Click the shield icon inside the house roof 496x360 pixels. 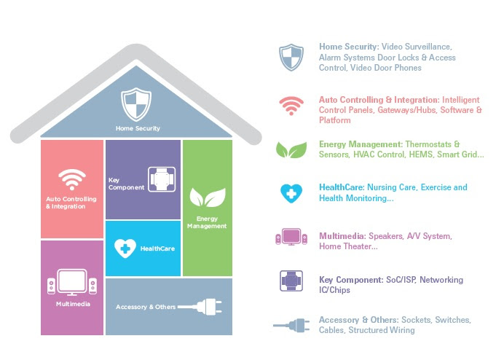pyautogui.click(x=136, y=104)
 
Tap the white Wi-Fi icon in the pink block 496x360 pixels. pyautogui.click(x=72, y=179)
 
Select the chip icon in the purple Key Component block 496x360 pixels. pyautogui.click(x=162, y=179)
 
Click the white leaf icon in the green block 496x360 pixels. pyautogui.click(x=208, y=197)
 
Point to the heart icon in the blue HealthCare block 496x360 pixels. pyautogui.click(x=125, y=249)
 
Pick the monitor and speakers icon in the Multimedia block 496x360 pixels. pyautogui.click(x=72, y=282)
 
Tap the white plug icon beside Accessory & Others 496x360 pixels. pyautogui.click(x=200, y=307)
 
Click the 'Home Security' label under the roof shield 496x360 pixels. pyautogui.click(x=138, y=128)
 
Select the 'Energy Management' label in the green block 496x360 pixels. pyautogui.click(x=207, y=222)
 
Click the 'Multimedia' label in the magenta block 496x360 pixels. pyautogui.click(x=73, y=304)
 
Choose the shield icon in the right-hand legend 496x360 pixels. pyautogui.click(x=291, y=58)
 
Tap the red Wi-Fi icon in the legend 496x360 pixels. pyautogui.click(x=291, y=106)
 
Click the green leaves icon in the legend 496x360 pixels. pyautogui.click(x=291, y=149)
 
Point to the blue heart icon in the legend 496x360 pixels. pyautogui.click(x=291, y=193)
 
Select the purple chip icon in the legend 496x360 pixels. pyautogui.click(x=291, y=281)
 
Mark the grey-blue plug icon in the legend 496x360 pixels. pyautogui.click(x=291, y=325)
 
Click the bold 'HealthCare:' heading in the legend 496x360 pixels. pyautogui.click(x=342, y=187)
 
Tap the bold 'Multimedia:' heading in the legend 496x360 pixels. pyautogui.click(x=342, y=236)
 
